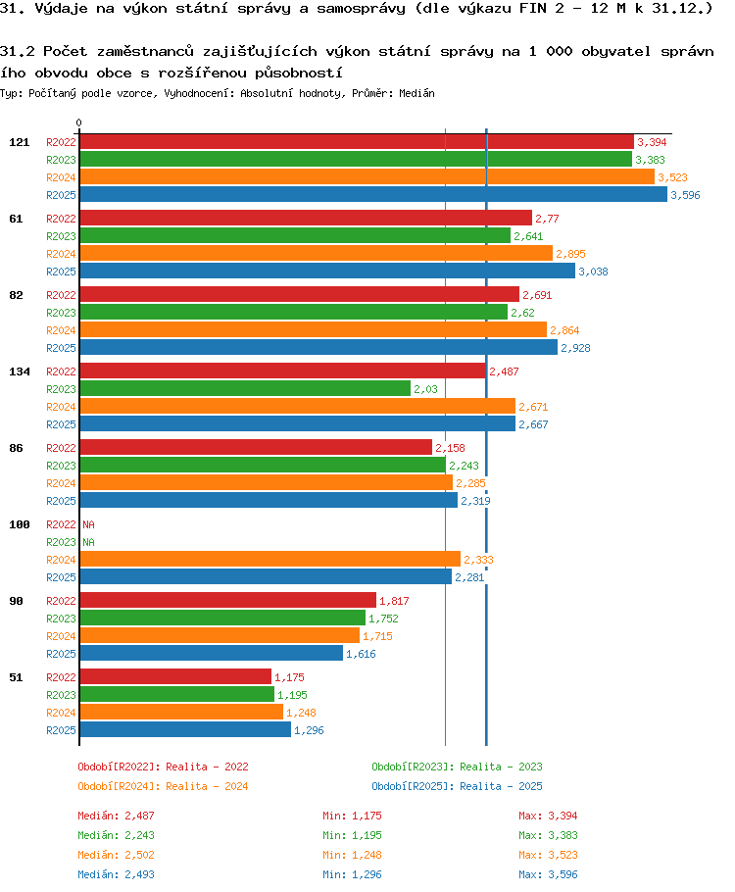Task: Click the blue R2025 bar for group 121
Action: click(372, 195)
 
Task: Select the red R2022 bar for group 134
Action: click(282, 371)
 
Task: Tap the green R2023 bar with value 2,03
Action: click(245, 388)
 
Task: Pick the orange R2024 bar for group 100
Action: click(269, 559)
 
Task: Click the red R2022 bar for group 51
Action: click(174, 676)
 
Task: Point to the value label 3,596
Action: click(685, 195)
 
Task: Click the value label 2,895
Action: click(570, 254)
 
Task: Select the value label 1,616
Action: click(361, 654)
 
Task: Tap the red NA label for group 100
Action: click(88, 524)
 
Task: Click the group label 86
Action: click(16, 448)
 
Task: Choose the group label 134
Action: click(19, 372)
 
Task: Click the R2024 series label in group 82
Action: click(61, 330)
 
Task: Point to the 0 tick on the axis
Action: click(79, 124)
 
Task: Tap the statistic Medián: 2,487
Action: click(116, 816)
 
